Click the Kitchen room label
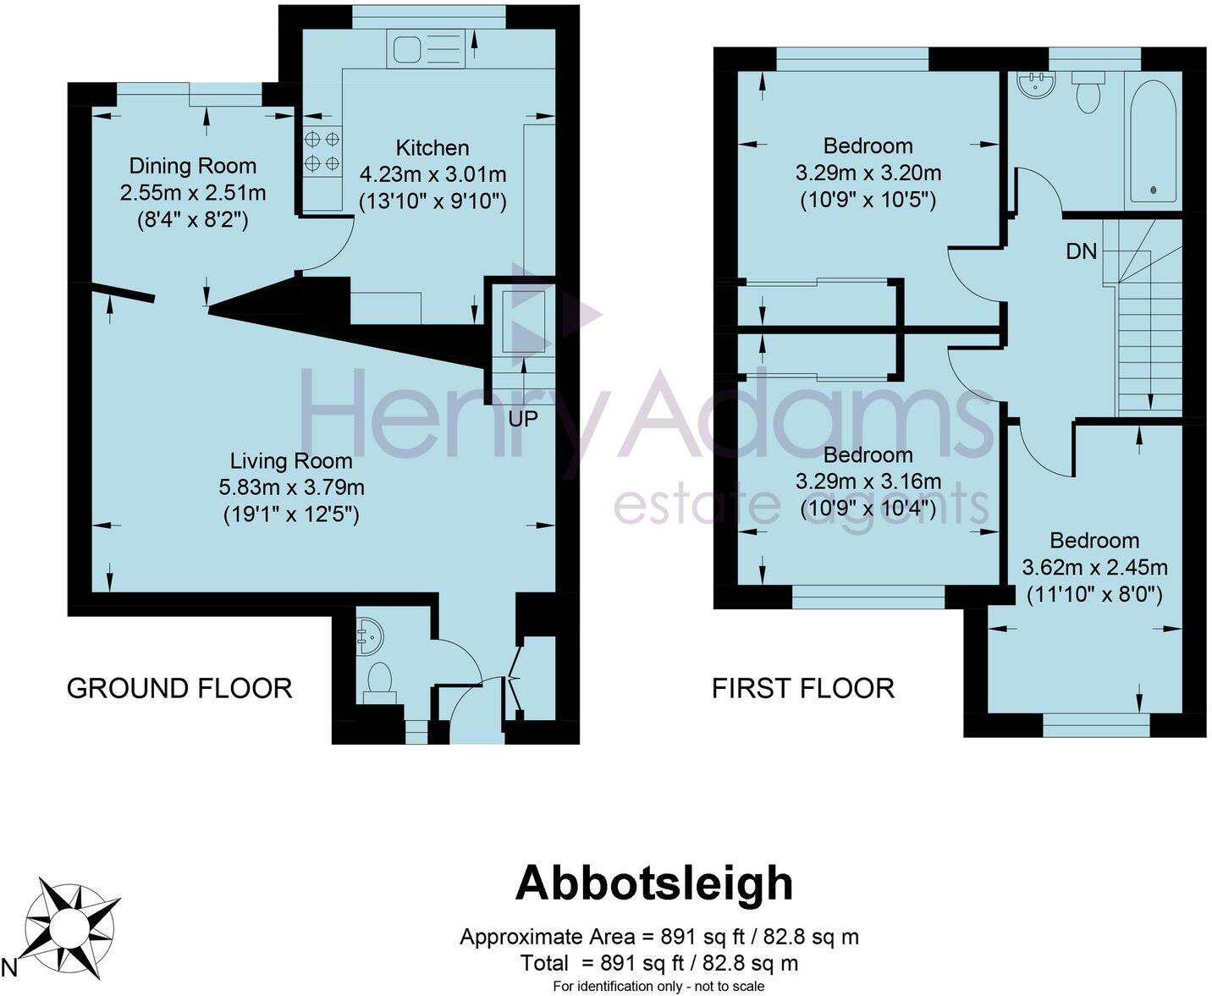point(432,148)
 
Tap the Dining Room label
point(192,166)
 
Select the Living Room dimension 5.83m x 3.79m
point(291,488)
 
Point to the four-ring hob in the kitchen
point(322,151)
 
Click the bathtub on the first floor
point(1153,140)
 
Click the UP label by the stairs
point(523,418)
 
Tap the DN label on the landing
point(1081,251)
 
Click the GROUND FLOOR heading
point(179,688)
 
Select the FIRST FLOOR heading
point(802,688)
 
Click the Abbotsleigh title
point(654,883)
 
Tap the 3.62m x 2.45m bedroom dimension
point(1094,568)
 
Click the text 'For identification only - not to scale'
point(658,986)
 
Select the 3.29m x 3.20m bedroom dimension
point(868,173)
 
